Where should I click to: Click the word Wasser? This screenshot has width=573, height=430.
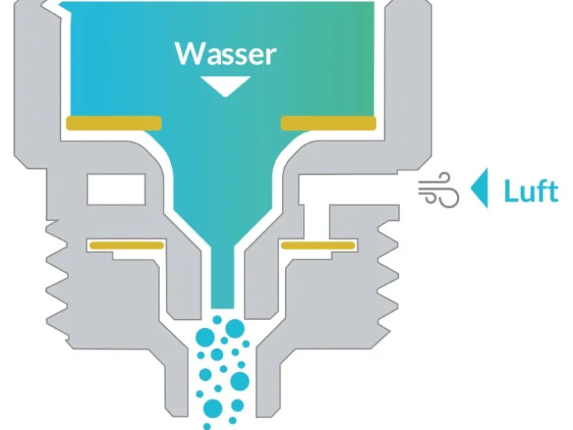[x=225, y=54]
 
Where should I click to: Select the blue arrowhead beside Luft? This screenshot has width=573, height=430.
[x=480, y=190]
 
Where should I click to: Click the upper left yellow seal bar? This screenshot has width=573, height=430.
[x=114, y=122]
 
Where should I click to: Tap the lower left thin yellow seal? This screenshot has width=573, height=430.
[x=125, y=245]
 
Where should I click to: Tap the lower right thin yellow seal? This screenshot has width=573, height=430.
[x=318, y=245]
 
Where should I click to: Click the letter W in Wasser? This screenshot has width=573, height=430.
[x=188, y=54]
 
